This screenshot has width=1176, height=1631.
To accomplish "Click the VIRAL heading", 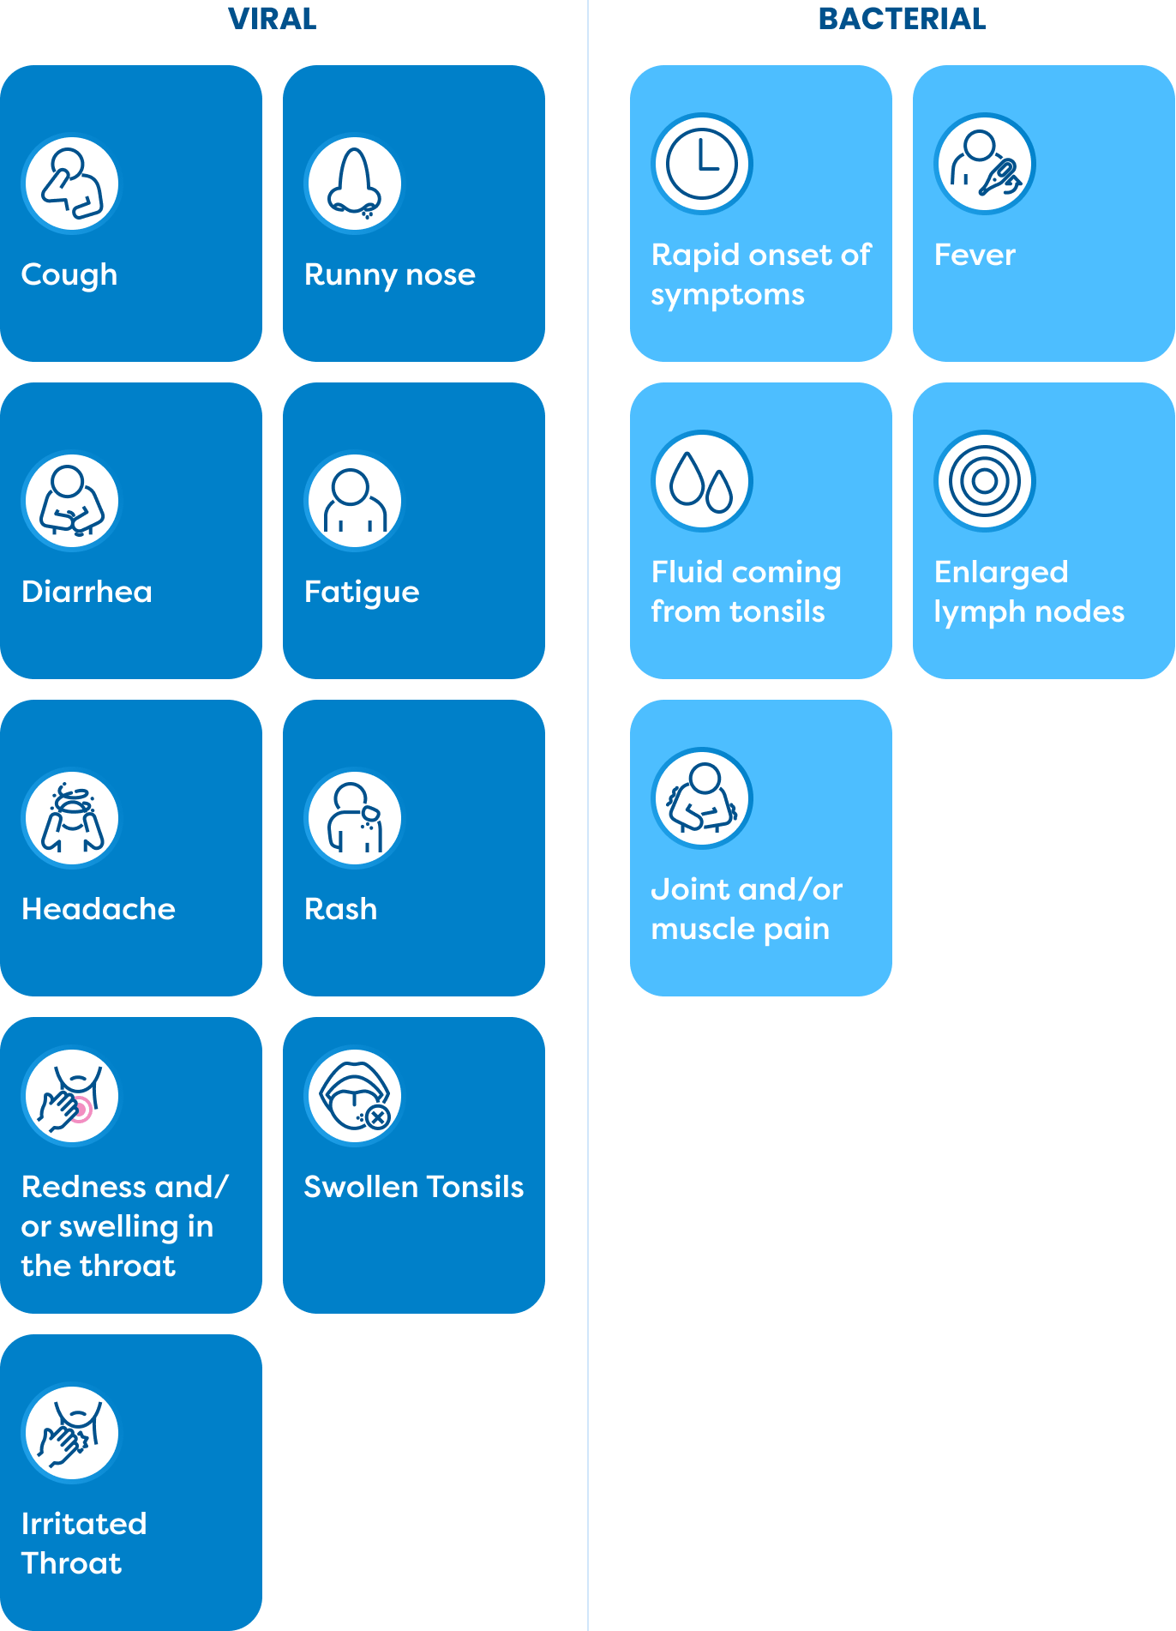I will coord(272,18).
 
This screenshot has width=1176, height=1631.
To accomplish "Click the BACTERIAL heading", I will coord(902,18).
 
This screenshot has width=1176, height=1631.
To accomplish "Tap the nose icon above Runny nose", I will coord(354,184).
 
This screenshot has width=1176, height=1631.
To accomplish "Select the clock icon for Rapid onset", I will coord(702,163).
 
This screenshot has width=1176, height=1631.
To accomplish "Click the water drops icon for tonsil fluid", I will coord(702,481).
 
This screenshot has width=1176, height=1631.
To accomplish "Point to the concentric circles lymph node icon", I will coord(984,481).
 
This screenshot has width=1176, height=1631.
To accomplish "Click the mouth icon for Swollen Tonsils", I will coord(354,1097).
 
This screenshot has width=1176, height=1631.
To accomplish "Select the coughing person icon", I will coord(71,184).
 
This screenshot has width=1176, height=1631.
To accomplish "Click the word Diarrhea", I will coord(87,592).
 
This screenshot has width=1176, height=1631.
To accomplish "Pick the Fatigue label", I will coord(362,592).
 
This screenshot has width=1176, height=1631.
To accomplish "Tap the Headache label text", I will coord(98,909).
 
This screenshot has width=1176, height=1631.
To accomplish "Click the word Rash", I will coord(340,909).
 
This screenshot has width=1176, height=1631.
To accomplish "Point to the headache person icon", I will coord(71,818).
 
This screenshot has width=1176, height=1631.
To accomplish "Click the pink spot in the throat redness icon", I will coord(81,1110).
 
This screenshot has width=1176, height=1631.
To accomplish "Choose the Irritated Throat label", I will coord(83,1543).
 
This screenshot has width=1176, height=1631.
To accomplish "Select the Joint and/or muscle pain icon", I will coord(702,798).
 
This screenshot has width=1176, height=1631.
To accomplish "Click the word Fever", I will coord(975,255).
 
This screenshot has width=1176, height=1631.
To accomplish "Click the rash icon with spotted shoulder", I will coord(354,818).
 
